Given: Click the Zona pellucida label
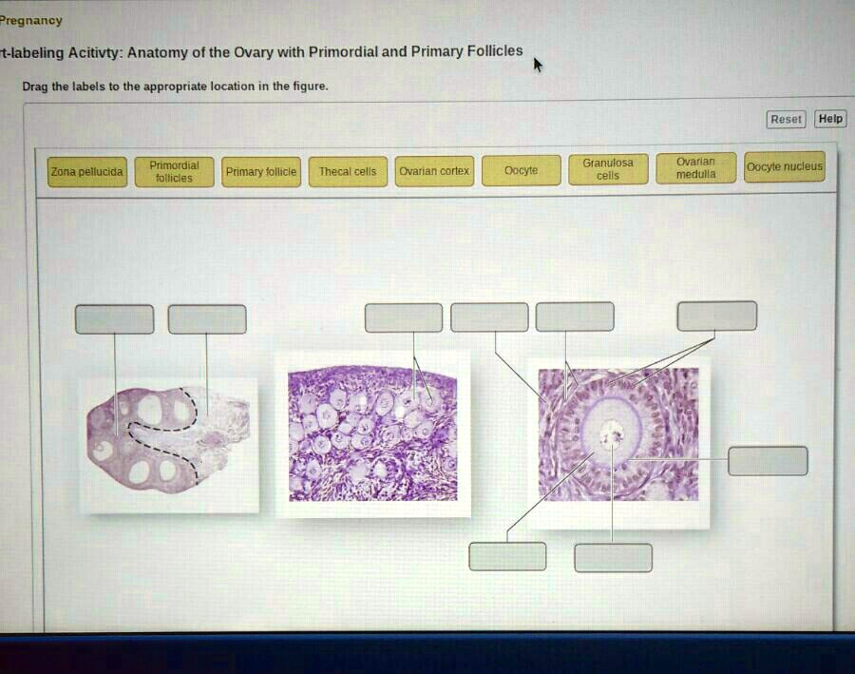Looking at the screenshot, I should tap(87, 172).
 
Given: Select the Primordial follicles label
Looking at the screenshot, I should tap(174, 171).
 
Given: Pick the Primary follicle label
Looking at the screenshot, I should tap(261, 172).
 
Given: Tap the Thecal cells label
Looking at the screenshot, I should tap(347, 172).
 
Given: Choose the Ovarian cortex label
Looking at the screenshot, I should tap(434, 171).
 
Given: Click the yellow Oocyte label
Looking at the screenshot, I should tap(521, 170).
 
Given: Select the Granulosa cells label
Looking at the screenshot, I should tap(608, 169).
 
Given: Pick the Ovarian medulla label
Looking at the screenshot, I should tap(695, 168).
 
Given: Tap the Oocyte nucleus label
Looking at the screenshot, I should tap(785, 167).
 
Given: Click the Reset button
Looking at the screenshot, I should tap(786, 119).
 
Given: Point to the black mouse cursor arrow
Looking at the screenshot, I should tap(538, 64).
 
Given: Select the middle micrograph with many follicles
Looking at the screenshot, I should tap(372, 433).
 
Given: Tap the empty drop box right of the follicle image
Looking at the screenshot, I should tap(768, 460).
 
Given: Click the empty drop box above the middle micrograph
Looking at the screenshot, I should tap(403, 318).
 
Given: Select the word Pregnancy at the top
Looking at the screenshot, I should tap(31, 20).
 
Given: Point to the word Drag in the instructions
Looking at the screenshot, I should tap(34, 87).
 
